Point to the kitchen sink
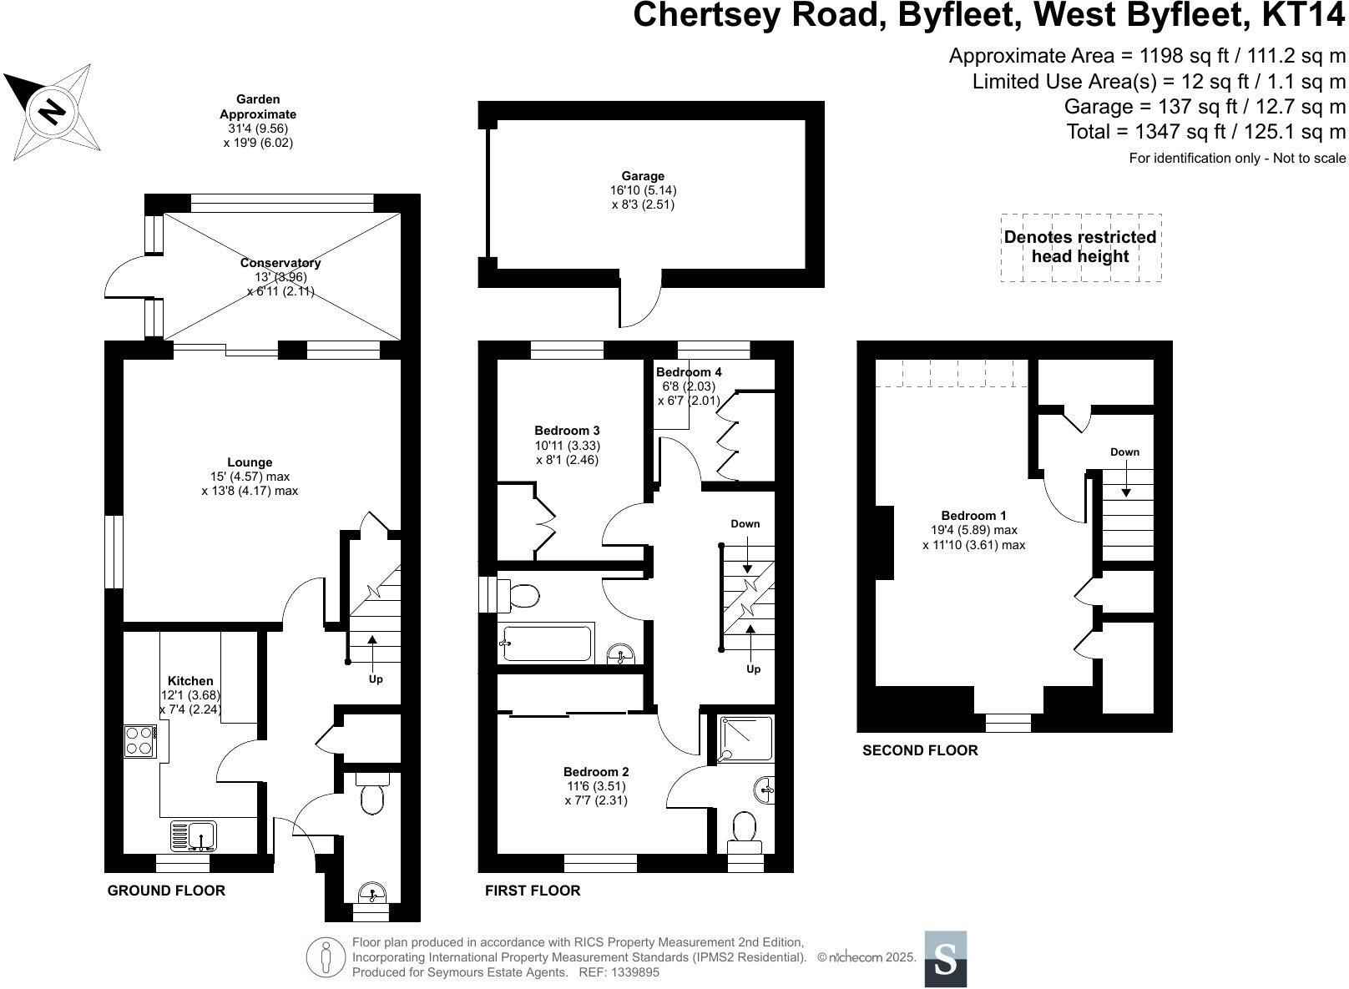click(194, 834)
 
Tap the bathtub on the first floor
click(547, 643)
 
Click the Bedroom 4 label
click(689, 372)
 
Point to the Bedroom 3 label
click(567, 431)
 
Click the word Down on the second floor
click(1124, 452)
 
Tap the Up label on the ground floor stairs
click(376, 679)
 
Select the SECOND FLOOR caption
click(920, 750)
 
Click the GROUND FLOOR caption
click(166, 891)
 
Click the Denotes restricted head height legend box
click(1080, 247)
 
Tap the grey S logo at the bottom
click(945, 959)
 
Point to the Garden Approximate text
click(258, 107)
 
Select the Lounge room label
click(250, 462)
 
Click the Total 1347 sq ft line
click(1205, 131)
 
